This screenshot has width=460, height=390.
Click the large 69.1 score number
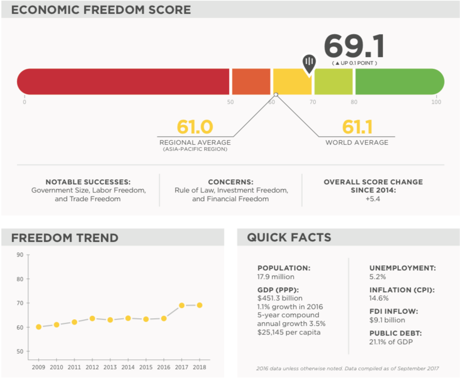(354, 46)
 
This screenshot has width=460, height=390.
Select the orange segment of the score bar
(251, 81)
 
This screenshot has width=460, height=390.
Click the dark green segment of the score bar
(399, 81)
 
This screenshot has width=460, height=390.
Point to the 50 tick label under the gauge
(230, 102)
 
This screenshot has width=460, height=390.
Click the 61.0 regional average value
(194, 127)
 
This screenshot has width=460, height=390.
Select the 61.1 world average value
(357, 127)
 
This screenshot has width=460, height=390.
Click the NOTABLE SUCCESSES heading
(88, 182)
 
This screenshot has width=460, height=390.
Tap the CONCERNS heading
(231, 182)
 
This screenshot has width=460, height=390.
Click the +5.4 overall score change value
(373, 199)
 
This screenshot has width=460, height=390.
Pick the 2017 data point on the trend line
(181, 305)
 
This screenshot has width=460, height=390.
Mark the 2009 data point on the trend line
(39, 327)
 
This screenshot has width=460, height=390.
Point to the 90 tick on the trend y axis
(20, 255)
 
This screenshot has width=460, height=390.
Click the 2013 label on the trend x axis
(110, 367)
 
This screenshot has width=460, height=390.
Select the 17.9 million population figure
(276, 277)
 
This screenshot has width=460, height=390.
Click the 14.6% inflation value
(379, 298)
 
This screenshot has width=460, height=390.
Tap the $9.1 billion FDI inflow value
(387, 320)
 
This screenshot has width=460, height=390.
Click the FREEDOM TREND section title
(65, 238)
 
